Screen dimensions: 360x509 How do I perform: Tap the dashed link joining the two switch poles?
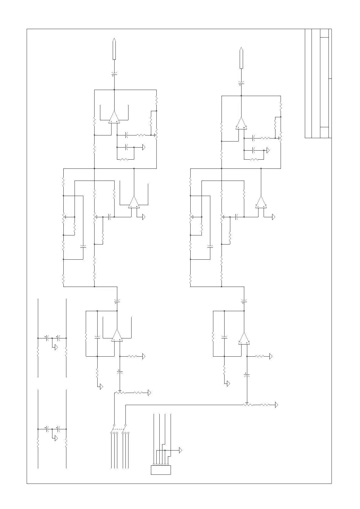(120, 429)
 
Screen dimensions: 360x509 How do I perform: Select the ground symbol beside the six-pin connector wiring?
(181, 450)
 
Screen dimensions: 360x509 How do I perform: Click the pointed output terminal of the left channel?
(114, 49)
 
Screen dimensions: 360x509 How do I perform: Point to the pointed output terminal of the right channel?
(241, 58)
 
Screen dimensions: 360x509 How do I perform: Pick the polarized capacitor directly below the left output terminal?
(114, 74)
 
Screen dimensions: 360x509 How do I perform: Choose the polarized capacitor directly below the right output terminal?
(241, 82)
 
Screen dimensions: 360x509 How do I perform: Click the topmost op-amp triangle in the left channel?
(114, 118)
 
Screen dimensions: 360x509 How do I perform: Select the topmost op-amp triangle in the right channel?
(241, 124)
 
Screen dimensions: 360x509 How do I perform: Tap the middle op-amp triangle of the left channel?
(134, 202)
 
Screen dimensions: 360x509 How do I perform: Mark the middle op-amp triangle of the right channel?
(261, 202)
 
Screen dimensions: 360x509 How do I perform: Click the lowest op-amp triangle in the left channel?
(117, 336)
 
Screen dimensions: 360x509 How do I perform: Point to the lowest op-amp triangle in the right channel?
(244, 338)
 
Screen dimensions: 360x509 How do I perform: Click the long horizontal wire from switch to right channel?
(182, 405)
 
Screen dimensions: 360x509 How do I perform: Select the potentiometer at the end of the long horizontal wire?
(247, 405)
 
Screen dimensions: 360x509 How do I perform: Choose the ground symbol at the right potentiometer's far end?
(276, 405)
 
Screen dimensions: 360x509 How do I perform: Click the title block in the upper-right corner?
(318, 84)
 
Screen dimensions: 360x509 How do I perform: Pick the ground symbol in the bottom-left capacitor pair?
(56, 438)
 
